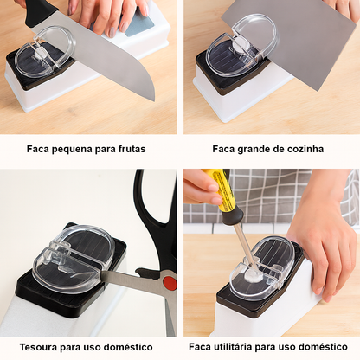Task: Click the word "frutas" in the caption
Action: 132,149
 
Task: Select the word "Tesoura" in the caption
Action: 38,347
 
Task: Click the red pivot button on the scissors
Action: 170,283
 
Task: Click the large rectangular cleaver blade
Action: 288,43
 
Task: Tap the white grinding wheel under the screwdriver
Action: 254,276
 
